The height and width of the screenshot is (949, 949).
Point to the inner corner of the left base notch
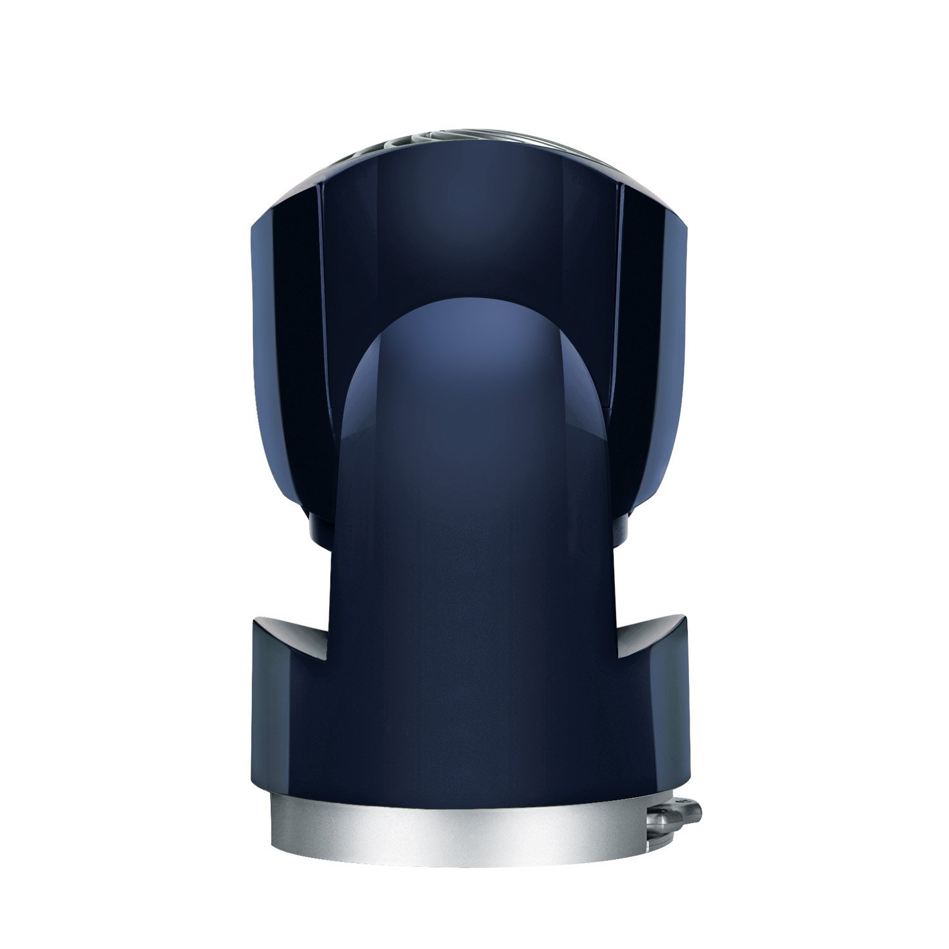point(330,654)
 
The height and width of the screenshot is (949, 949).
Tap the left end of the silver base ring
point(278,822)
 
